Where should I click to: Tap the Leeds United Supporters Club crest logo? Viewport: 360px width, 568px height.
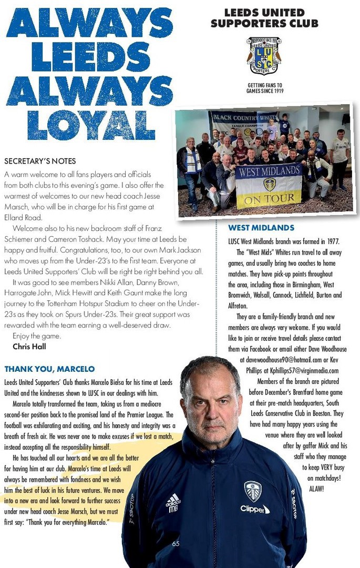pyautogui.click(x=264, y=56)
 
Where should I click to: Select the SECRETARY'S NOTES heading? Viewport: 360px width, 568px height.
pyautogui.click(x=40, y=161)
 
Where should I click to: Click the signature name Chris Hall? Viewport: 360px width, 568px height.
pyautogui.click(x=29, y=346)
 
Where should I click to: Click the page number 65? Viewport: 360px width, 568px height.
pyautogui.click(x=176, y=543)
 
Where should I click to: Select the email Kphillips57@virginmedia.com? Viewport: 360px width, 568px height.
pyautogui.click(x=305, y=371)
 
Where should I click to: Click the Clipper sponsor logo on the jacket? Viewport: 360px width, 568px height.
pyautogui.click(x=255, y=509)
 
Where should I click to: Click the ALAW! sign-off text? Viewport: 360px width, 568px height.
pyautogui.click(x=317, y=489)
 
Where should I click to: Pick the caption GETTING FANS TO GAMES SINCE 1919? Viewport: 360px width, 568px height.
pyautogui.click(x=264, y=88)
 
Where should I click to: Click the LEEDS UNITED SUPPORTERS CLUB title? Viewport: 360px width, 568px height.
pyautogui.click(x=264, y=18)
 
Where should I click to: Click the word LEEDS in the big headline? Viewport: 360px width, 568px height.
pyautogui.click(x=90, y=56)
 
